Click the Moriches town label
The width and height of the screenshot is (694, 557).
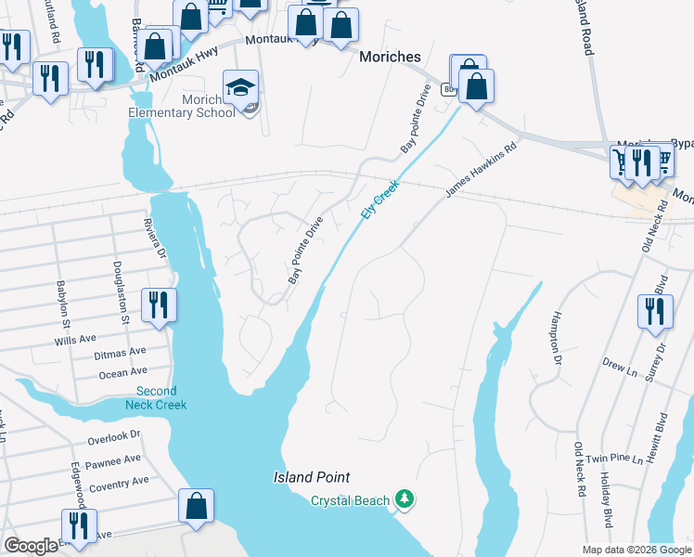click(x=390, y=57)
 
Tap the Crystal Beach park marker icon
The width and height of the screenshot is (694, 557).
click(x=404, y=499)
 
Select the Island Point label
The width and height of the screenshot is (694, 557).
click(x=312, y=477)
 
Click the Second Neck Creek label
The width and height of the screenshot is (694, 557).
click(x=156, y=398)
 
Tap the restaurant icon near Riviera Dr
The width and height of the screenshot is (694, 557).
click(x=159, y=305)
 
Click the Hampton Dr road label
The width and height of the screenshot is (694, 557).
click(x=558, y=336)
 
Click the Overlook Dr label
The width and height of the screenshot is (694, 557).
click(x=113, y=435)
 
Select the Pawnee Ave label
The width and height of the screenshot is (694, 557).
click(x=114, y=459)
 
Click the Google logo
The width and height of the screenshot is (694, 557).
click(x=32, y=546)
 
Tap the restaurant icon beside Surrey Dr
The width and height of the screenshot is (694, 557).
click(x=655, y=312)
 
